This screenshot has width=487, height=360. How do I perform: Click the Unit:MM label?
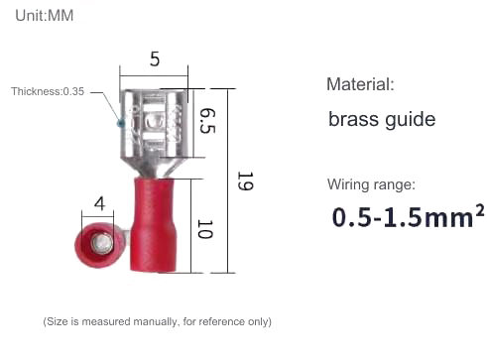[x=45, y=17]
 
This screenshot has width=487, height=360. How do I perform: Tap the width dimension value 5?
[x=155, y=60]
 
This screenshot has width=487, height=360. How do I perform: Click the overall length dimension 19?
[x=244, y=181]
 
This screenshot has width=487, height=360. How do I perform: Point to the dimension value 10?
[x=205, y=228]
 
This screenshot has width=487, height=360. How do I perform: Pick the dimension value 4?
[x=99, y=204]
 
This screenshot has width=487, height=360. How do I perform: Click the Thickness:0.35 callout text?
[x=48, y=92]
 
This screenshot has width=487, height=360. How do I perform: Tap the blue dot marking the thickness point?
[x=121, y=124]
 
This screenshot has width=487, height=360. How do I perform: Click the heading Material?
[x=360, y=84]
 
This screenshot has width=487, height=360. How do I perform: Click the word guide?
[x=410, y=121]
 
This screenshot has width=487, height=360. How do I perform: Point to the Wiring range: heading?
[x=371, y=184]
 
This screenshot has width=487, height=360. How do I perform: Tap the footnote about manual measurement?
[x=157, y=321]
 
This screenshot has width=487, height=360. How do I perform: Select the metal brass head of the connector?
[x=155, y=124]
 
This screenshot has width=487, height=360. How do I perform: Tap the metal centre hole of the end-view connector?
[x=97, y=239]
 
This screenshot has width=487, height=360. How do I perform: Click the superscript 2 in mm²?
[x=480, y=209]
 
